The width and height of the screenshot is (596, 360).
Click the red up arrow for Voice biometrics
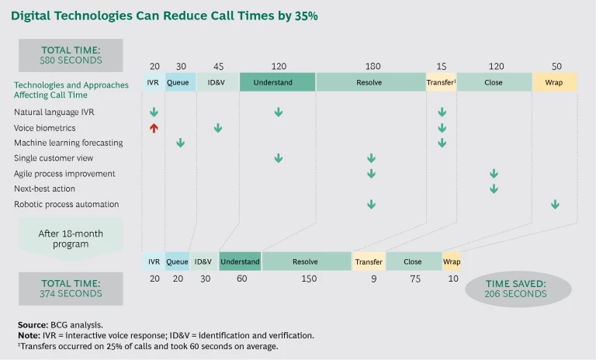click(154, 128)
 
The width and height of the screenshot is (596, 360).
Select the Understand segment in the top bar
click(277, 82)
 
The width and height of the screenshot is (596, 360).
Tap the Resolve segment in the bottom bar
click(306, 262)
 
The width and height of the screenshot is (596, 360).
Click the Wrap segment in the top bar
click(554, 82)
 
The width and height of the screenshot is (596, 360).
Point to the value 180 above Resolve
click(372, 67)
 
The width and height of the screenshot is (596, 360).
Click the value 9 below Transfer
click(373, 279)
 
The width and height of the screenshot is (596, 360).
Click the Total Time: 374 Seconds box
click(71, 289)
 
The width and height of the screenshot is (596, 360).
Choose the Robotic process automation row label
click(66, 204)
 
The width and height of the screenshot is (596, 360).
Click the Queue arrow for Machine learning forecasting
click(180, 143)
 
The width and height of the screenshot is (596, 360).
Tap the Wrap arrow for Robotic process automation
click(555, 204)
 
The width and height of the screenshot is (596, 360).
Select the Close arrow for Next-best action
click(493, 189)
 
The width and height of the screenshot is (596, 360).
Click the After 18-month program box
click(71, 237)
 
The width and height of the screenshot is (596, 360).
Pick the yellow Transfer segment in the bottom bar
click(369, 262)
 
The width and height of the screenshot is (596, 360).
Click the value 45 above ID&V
click(218, 67)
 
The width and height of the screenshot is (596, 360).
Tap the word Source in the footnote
click(33, 324)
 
